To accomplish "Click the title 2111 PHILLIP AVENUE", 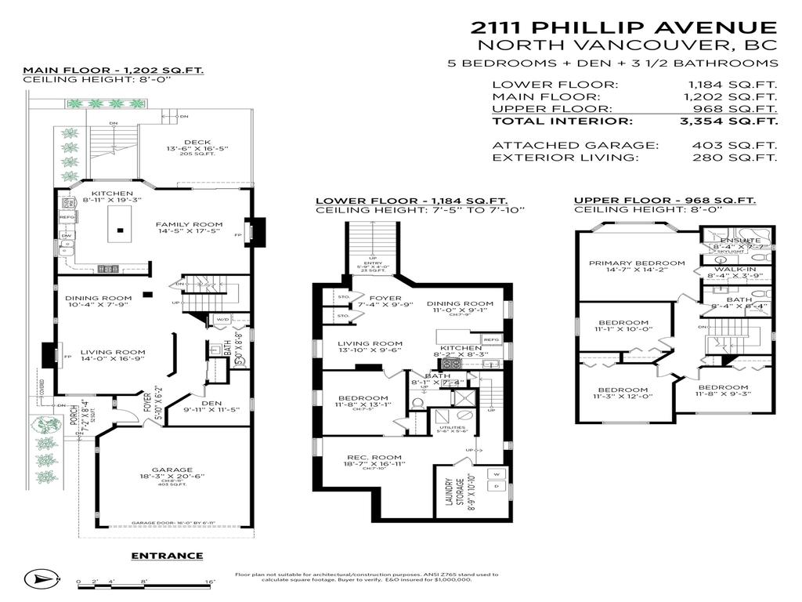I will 624,27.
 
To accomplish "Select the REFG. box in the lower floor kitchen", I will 491,339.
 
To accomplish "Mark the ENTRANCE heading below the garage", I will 167,556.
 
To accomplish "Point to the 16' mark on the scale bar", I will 210,582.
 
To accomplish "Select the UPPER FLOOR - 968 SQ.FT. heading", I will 665,201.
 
